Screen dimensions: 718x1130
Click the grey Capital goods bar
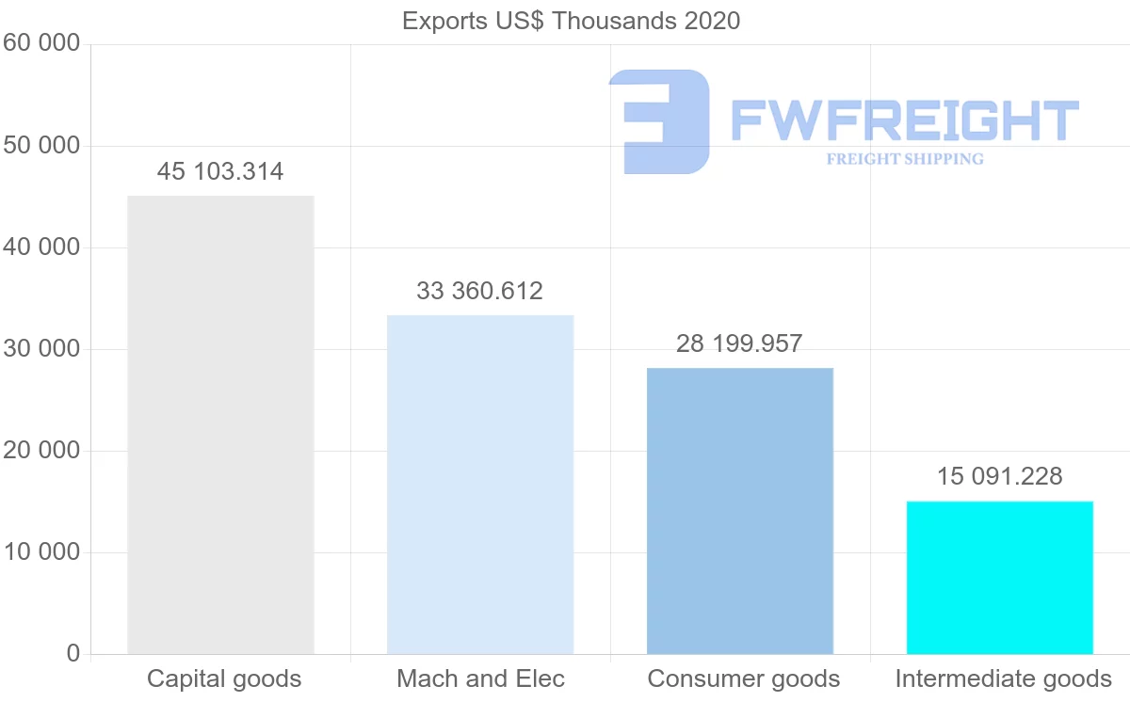coord(220,424)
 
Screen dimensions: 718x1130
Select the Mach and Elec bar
coord(480,484)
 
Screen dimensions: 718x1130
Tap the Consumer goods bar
coord(740,510)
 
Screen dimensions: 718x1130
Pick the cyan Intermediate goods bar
coord(1000,577)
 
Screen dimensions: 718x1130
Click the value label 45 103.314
coord(220,172)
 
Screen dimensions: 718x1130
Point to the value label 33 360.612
coord(480,291)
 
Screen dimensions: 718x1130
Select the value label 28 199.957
coord(739,343)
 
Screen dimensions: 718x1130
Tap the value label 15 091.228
coord(999,476)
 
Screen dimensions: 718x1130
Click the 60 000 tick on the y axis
coord(42,43)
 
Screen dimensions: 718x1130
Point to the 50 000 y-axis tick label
coord(42,146)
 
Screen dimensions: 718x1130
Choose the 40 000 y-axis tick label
coord(42,247)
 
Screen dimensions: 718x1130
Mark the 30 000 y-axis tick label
coord(42,349)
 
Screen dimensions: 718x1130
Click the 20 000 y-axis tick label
coord(42,451)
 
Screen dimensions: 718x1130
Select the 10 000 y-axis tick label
coord(42,552)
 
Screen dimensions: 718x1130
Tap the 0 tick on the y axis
coord(73,654)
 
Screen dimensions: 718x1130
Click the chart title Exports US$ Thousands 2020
coord(571,21)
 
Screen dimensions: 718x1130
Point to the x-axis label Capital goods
coord(224,678)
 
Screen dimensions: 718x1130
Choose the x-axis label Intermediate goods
coord(1004,678)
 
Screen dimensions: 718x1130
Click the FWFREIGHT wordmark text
coord(904,120)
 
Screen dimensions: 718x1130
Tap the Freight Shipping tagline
coord(905,159)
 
